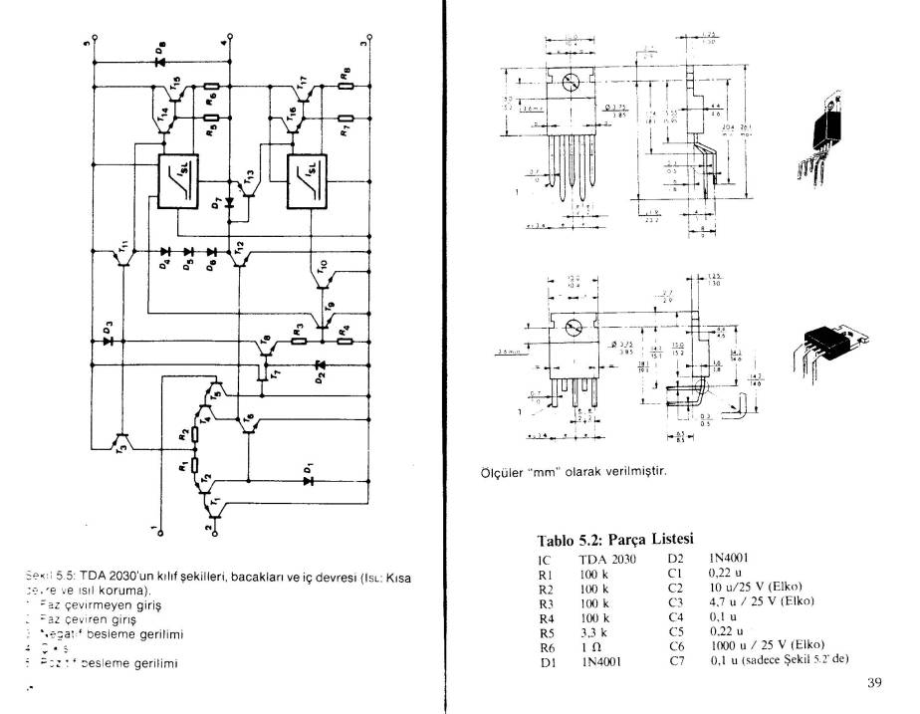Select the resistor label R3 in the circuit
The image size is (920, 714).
(x=296, y=329)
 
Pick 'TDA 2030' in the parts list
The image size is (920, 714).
(x=606, y=560)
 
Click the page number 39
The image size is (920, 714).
(x=874, y=682)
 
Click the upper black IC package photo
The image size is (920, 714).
(x=828, y=132)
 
